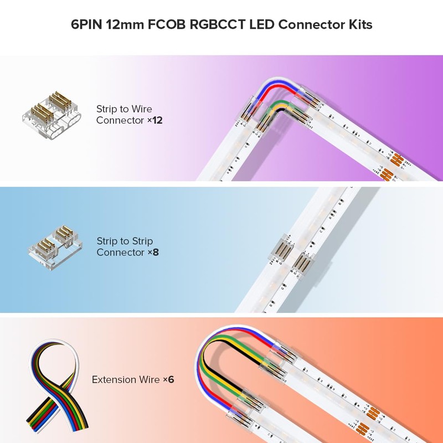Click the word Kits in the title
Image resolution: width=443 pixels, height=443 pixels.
point(360,25)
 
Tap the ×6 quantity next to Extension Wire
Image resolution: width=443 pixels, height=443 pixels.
point(168,380)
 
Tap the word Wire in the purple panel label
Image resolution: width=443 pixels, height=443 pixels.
point(141,109)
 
